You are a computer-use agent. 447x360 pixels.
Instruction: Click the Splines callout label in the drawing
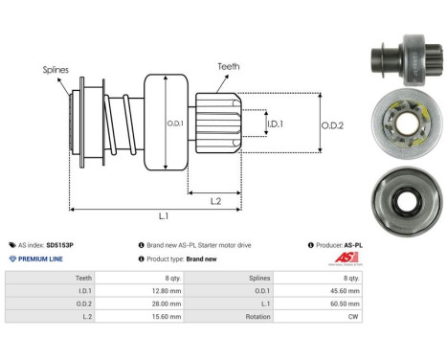56,69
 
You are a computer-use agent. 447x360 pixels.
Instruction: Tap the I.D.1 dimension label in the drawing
274,124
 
